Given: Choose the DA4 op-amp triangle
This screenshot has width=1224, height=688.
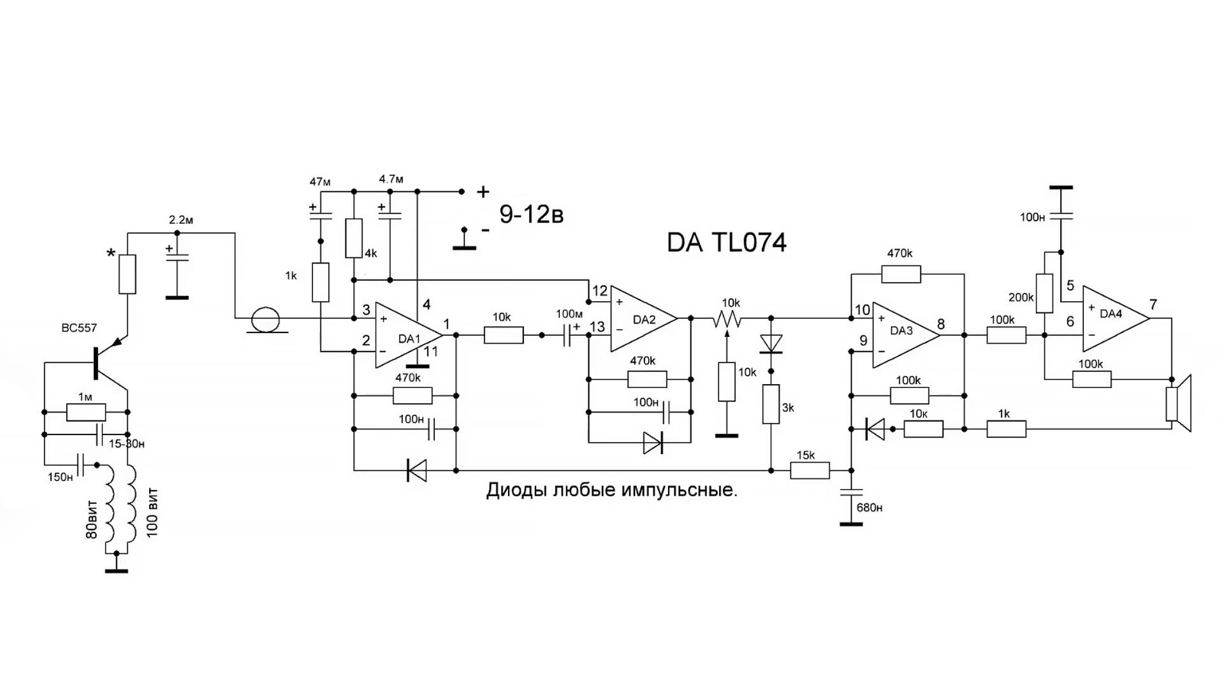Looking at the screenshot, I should pyautogui.click(x=1112, y=319).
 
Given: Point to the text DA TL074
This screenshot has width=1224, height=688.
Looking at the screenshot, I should pyautogui.click(x=726, y=243).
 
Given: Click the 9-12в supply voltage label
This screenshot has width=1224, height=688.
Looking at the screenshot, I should pyautogui.click(x=531, y=215).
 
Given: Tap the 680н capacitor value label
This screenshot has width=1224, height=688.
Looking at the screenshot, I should pyautogui.click(x=870, y=508).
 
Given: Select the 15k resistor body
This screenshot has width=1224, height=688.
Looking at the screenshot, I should pyautogui.click(x=810, y=471).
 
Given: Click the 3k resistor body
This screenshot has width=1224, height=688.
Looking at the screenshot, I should pyautogui.click(x=771, y=404).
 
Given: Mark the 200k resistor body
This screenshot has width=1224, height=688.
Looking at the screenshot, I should pyautogui.click(x=1044, y=293).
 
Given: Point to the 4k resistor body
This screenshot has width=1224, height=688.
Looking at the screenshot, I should pyautogui.click(x=354, y=238).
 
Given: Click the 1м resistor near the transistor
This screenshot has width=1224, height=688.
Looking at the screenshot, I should pyautogui.click(x=86, y=412).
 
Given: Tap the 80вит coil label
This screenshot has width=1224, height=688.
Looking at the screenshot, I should pyautogui.click(x=92, y=519).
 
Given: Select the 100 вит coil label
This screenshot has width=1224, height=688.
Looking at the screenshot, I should pyautogui.click(x=153, y=513).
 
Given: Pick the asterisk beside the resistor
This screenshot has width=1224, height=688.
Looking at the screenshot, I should pyautogui.click(x=112, y=254).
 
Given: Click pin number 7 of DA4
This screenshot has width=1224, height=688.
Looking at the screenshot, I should pyautogui.click(x=1153, y=305).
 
